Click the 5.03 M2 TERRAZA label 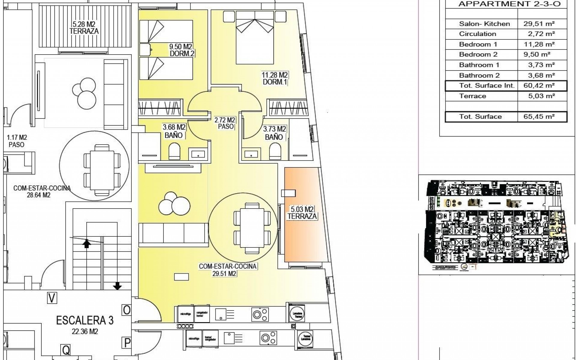[x=302, y=212]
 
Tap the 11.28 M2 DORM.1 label [x=274, y=78]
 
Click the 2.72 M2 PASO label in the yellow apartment [x=225, y=123]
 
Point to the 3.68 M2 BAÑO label [x=174, y=131]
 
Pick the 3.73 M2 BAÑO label [x=274, y=133]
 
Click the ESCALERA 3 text [x=85, y=320]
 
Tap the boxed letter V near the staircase [x=52, y=298]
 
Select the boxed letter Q [x=66, y=349]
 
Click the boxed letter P [x=127, y=343]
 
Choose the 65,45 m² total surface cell [x=539, y=116]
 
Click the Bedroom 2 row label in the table [x=478, y=54]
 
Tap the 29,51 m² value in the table [x=539, y=24]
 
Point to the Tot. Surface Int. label [x=487, y=85]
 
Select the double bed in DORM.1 [x=255, y=37]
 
